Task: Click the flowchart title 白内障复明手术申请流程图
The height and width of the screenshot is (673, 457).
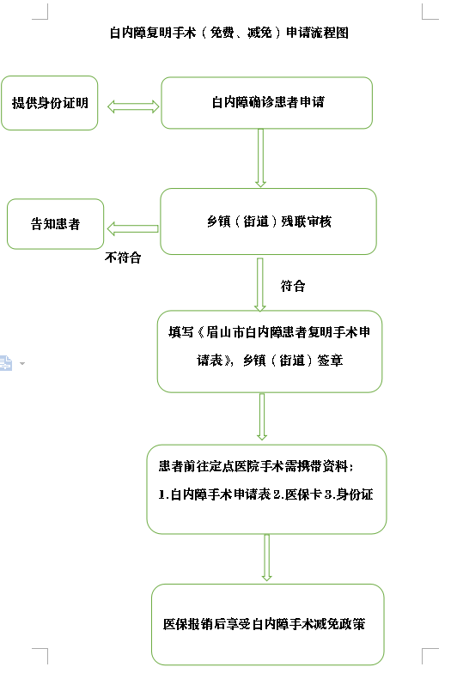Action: (x=228, y=33)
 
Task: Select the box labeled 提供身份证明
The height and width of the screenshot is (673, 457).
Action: (x=50, y=103)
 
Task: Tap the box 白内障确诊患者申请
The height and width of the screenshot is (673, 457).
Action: (x=266, y=103)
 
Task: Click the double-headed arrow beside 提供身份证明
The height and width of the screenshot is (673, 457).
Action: (x=133, y=106)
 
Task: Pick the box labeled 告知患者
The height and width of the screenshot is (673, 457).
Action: (x=55, y=223)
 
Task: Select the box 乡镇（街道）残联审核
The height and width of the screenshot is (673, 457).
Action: (x=268, y=221)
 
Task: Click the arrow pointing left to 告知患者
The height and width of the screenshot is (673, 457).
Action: (x=132, y=228)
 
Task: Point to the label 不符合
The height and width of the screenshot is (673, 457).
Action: (x=123, y=258)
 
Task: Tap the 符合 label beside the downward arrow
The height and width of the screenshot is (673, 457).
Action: (x=293, y=286)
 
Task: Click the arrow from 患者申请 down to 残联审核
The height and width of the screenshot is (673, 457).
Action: (x=260, y=158)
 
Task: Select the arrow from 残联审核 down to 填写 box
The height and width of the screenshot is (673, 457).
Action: (x=259, y=284)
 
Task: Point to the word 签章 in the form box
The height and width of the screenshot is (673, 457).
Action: (x=330, y=361)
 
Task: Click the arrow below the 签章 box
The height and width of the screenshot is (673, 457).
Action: (x=262, y=417)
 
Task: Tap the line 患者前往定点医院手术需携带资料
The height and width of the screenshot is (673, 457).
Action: (x=256, y=466)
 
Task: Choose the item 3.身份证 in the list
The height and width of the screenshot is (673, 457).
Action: (x=349, y=494)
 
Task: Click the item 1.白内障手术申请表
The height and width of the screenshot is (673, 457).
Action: (x=215, y=494)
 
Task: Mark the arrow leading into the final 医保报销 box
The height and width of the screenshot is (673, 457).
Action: (x=266, y=558)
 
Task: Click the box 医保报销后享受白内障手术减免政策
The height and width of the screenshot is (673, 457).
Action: (x=268, y=625)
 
